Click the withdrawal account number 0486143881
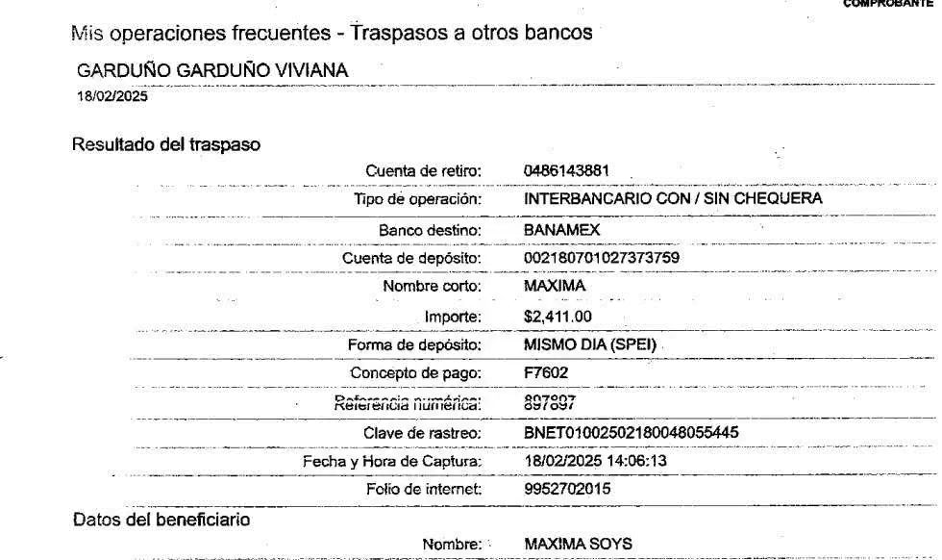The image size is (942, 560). point(568,171)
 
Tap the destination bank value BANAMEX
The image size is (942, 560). point(562,231)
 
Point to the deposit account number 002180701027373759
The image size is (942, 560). point(603,258)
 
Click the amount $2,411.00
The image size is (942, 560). point(558,316)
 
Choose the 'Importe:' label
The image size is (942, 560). point(452,317)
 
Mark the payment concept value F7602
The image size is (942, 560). point(552,372)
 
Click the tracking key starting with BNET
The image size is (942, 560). point(631,433)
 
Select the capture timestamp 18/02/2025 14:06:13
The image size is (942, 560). point(596,462)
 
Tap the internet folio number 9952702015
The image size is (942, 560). point(568,490)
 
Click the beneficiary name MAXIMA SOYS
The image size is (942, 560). point(578,545)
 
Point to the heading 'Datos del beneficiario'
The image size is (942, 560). point(161,520)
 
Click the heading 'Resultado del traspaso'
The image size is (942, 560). point(165,144)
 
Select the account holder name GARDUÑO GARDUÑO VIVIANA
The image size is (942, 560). point(212,71)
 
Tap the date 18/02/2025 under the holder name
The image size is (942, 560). point(112,96)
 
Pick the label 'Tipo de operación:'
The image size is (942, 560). point(417,200)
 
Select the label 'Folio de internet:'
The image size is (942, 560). point(423,490)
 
